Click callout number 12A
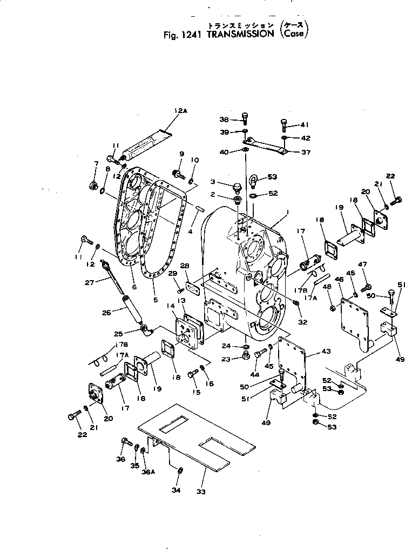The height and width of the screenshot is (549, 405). pyautogui.click(x=180, y=111)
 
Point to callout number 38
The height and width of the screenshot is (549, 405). pyautogui.click(x=224, y=120)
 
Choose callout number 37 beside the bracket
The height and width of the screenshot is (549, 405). pyautogui.click(x=306, y=153)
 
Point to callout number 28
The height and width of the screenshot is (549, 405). pyautogui.click(x=185, y=266)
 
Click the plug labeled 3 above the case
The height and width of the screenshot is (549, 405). pyautogui.click(x=235, y=188)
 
